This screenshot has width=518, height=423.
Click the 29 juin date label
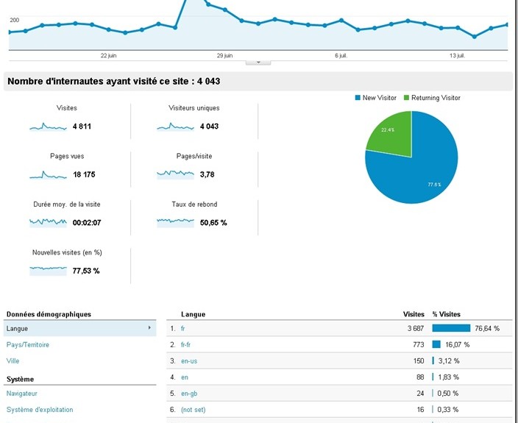point(225,55)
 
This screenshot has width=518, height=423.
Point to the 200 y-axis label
point(15,20)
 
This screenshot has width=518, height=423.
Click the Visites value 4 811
point(82,127)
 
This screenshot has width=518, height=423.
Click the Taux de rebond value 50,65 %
point(213,223)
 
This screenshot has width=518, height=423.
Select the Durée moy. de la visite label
point(66,204)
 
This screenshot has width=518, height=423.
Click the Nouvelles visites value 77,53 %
point(86,271)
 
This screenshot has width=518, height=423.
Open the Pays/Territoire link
point(28,344)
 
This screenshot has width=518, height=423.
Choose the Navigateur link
point(22,394)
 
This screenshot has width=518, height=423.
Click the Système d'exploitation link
point(40,410)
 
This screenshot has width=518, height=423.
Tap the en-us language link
point(189,360)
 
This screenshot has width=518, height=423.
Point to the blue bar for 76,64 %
point(450,328)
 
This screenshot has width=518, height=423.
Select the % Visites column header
point(446,314)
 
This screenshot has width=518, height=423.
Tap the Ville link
point(13,361)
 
